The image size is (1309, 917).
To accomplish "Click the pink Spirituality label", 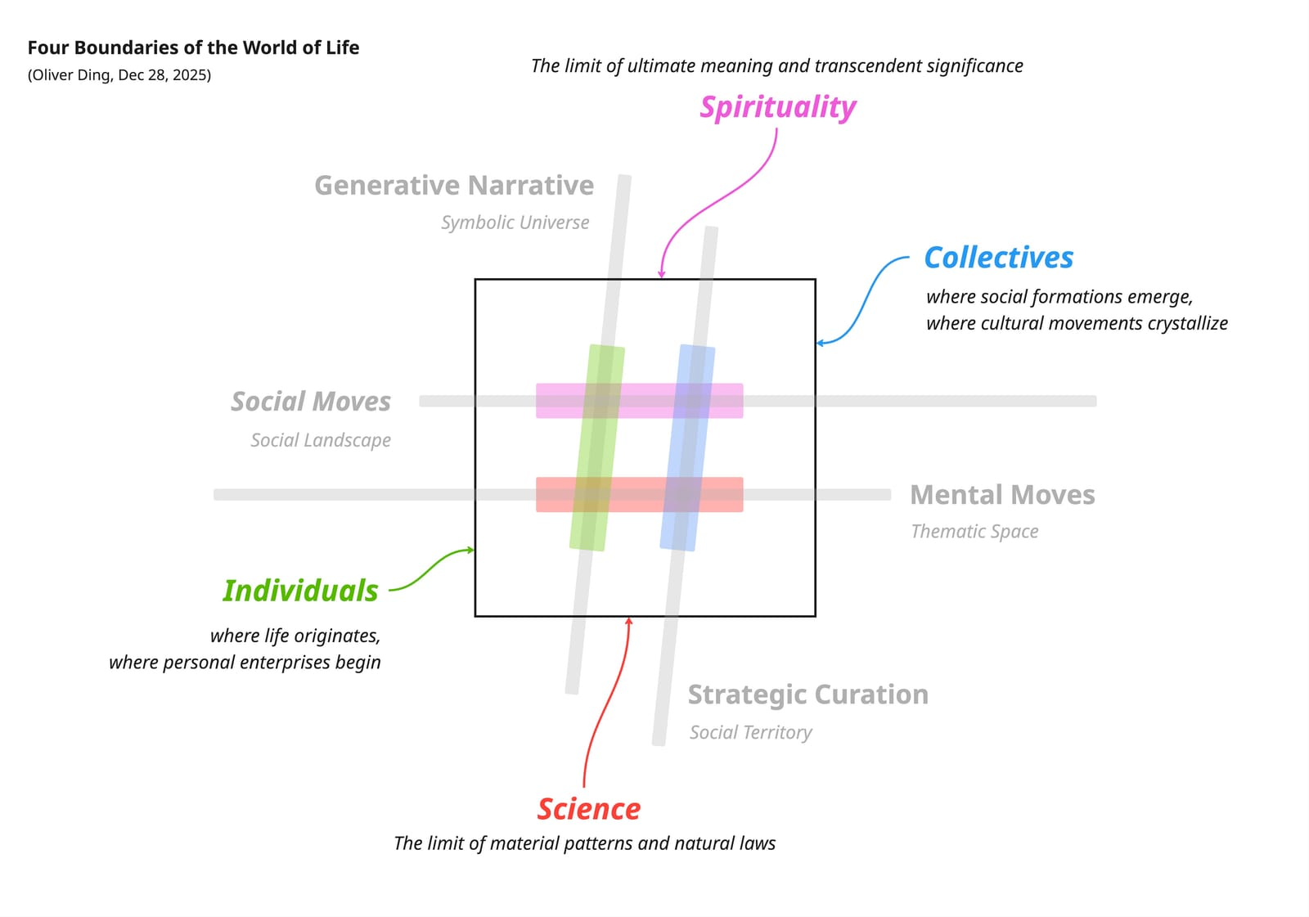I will click(x=778, y=108).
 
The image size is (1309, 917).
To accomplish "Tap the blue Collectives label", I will click(x=998, y=258).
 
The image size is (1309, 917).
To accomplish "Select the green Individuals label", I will click(x=300, y=591).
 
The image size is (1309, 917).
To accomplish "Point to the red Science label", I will click(x=589, y=809).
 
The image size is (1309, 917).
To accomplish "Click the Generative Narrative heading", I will click(x=454, y=186).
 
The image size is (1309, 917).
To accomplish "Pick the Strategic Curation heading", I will click(x=807, y=694).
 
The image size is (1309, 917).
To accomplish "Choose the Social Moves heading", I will click(x=311, y=402).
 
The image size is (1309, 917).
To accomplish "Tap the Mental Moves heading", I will click(x=1002, y=495).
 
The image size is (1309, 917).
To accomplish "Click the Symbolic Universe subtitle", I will click(x=515, y=223).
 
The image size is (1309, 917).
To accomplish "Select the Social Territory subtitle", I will click(x=750, y=732).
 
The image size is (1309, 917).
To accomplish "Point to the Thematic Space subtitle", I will click(x=974, y=532).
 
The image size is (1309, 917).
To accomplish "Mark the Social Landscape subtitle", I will click(x=321, y=440).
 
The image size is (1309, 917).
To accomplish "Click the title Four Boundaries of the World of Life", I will click(x=193, y=47).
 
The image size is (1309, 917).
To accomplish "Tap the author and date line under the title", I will click(x=119, y=75).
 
